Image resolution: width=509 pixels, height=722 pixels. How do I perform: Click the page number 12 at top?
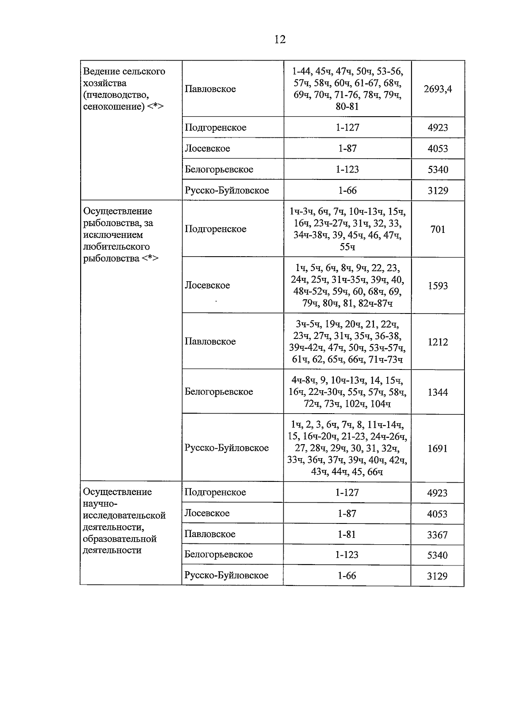280,39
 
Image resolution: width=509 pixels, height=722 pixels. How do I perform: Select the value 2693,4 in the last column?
438,89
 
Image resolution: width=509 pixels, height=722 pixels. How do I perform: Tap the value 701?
438,229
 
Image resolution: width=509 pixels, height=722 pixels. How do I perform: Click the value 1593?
438,286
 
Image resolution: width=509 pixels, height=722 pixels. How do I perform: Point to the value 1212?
438,342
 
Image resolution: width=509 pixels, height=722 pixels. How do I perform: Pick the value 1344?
438,392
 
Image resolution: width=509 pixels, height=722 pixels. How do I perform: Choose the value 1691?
437,448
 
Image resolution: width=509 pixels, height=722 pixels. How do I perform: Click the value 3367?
437,535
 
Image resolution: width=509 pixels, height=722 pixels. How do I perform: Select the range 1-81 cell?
347,534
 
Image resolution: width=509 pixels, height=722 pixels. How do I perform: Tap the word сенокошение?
113,106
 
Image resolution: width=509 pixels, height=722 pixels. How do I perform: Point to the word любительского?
116,246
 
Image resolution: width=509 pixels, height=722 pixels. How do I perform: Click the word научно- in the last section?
100,504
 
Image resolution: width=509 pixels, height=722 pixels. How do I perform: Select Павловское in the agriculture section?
210,89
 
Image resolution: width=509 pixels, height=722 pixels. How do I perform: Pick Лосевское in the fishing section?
207,285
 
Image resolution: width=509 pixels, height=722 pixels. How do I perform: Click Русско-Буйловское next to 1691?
227,448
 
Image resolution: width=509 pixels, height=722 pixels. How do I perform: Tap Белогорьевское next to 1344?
218,392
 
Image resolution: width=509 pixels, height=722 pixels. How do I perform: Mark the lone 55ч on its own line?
347,247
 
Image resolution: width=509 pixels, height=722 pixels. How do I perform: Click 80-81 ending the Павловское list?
347,106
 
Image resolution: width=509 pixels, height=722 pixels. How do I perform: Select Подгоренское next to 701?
215,229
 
